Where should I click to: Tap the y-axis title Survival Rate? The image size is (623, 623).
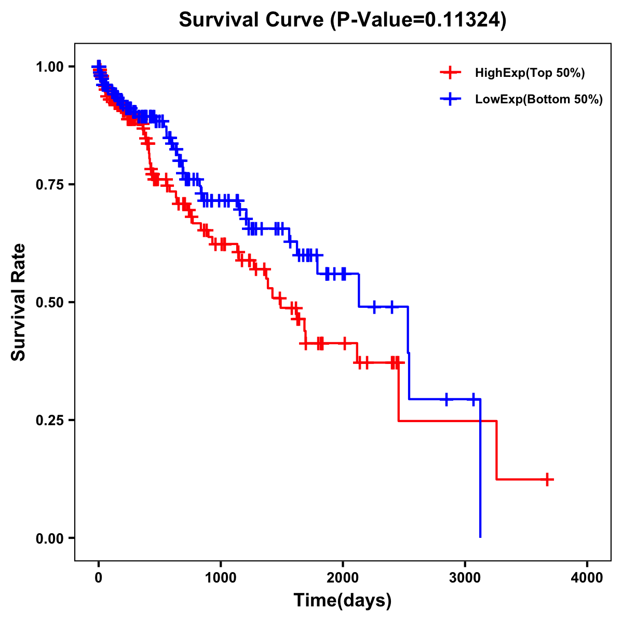click(x=19, y=302)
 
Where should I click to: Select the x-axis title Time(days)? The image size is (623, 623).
click(x=342, y=600)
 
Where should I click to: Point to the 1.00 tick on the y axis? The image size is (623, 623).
click(x=50, y=66)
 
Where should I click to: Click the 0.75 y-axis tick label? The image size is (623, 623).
click(x=50, y=184)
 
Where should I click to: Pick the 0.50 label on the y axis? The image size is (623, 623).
click(x=50, y=302)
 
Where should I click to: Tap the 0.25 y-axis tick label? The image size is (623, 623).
click(x=50, y=420)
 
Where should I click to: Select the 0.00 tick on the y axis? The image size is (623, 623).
click(x=50, y=538)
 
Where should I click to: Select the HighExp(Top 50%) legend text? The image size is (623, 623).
click(x=530, y=73)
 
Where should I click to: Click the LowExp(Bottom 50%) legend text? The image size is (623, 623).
click(x=539, y=99)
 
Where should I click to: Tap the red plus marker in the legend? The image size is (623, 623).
click(x=450, y=73)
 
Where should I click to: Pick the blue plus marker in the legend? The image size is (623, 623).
click(x=450, y=99)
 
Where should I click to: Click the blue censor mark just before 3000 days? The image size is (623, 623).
click(x=446, y=399)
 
